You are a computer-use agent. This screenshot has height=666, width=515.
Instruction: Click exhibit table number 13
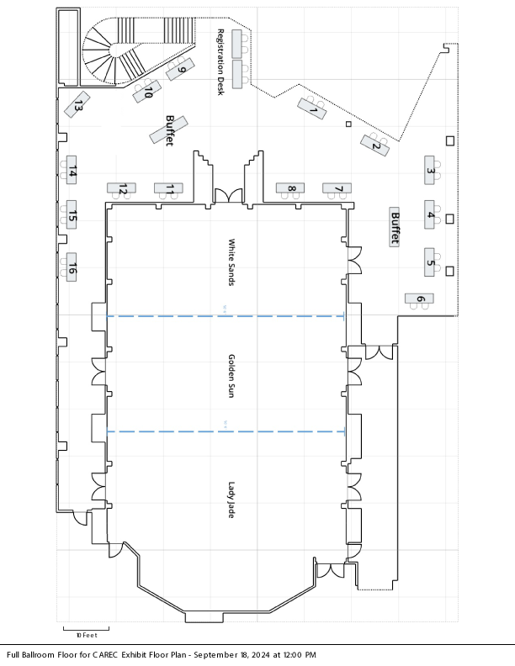(77, 104)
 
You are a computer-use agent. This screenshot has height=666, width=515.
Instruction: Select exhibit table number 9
(180, 69)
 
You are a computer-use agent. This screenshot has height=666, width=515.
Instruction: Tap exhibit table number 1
(312, 108)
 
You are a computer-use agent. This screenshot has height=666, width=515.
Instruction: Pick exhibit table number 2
(374, 145)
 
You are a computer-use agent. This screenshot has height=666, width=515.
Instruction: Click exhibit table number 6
(419, 299)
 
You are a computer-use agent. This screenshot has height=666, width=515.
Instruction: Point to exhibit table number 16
(72, 267)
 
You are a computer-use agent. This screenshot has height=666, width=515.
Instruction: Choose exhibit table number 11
(168, 188)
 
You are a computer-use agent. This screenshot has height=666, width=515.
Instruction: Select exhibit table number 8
(290, 188)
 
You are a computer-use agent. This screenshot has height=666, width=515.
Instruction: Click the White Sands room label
(231, 262)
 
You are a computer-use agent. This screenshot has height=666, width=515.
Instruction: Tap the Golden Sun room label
(231, 376)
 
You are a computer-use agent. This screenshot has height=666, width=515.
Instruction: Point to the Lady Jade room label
(231, 499)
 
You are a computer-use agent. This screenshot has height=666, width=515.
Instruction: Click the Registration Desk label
(220, 62)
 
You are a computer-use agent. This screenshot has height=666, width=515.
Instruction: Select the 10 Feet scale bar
(87, 630)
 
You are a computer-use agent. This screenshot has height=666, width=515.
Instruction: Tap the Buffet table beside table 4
(395, 227)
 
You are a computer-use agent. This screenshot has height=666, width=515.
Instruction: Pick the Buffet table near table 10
(168, 129)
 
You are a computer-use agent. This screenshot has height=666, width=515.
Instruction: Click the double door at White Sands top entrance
(228, 196)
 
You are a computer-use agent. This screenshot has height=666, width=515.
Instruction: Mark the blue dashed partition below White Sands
(226, 316)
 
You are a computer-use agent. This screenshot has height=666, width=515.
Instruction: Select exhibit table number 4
(429, 214)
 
